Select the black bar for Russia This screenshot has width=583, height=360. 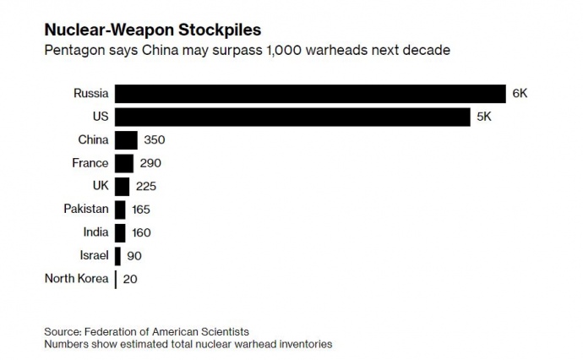coord(309,93)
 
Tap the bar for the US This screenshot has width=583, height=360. coord(292,117)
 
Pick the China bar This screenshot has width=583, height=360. coord(126,140)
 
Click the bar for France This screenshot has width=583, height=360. coord(124,163)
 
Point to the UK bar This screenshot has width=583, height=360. coord(123,186)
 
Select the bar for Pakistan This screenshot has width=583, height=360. coord(121,209)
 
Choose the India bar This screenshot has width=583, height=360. coord(121,232)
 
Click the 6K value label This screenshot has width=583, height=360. coord(520,93)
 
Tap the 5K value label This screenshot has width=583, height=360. coord(484,117)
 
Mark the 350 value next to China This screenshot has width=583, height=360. coord(155,140)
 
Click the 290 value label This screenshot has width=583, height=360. coord(150,163)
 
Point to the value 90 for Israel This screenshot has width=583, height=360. coord(134,255)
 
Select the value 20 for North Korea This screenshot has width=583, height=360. coord(129,278)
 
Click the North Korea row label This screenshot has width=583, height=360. coord(77,278)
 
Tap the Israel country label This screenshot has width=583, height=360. coord(93,255)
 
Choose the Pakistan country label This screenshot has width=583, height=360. coord(86,209)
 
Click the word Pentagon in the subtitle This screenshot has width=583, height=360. coord(74,51)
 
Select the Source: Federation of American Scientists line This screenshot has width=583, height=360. coord(147,330)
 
